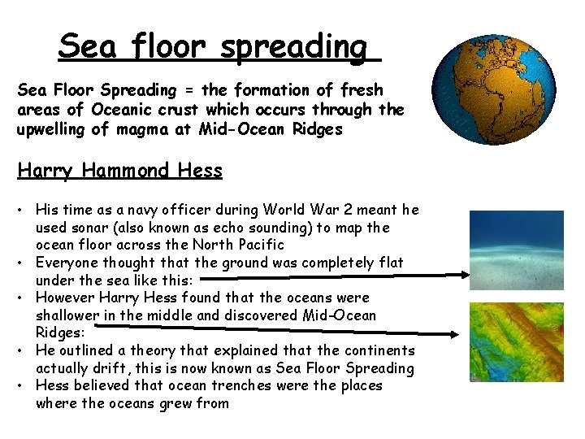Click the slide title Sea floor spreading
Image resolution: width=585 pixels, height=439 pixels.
(219, 46)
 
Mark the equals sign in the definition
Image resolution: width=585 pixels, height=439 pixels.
(186, 91)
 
